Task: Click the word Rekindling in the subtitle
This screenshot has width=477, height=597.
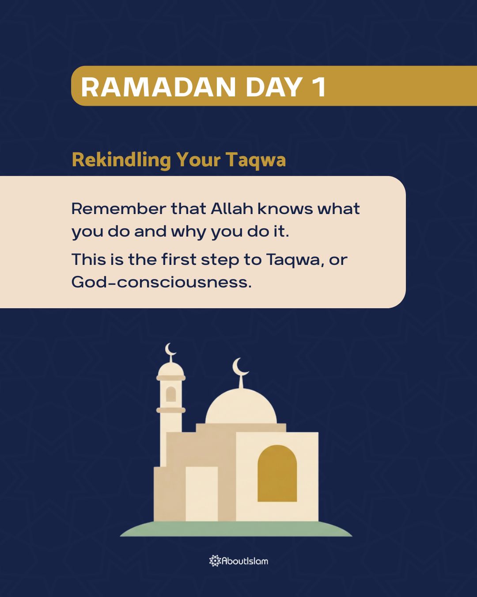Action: pyautogui.click(x=121, y=160)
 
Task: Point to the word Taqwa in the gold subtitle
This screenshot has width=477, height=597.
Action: pyautogui.click(x=256, y=160)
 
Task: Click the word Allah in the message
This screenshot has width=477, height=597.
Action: pyautogui.click(x=231, y=208)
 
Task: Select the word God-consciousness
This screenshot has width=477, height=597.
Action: pyautogui.click(x=161, y=282)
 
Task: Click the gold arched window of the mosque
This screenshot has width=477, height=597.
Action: pyautogui.click(x=277, y=474)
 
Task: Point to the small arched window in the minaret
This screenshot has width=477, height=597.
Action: pyautogui.click(x=171, y=394)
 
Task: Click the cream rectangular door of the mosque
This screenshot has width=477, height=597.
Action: pyautogui.click(x=201, y=494)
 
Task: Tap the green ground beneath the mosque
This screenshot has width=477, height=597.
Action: pyautogui.click(x=236, y=529)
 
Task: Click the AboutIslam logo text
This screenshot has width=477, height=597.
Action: pyautogui.click(x=245, y=561)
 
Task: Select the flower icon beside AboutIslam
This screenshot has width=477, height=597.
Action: pyautogui.click(x=215, y=561)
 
